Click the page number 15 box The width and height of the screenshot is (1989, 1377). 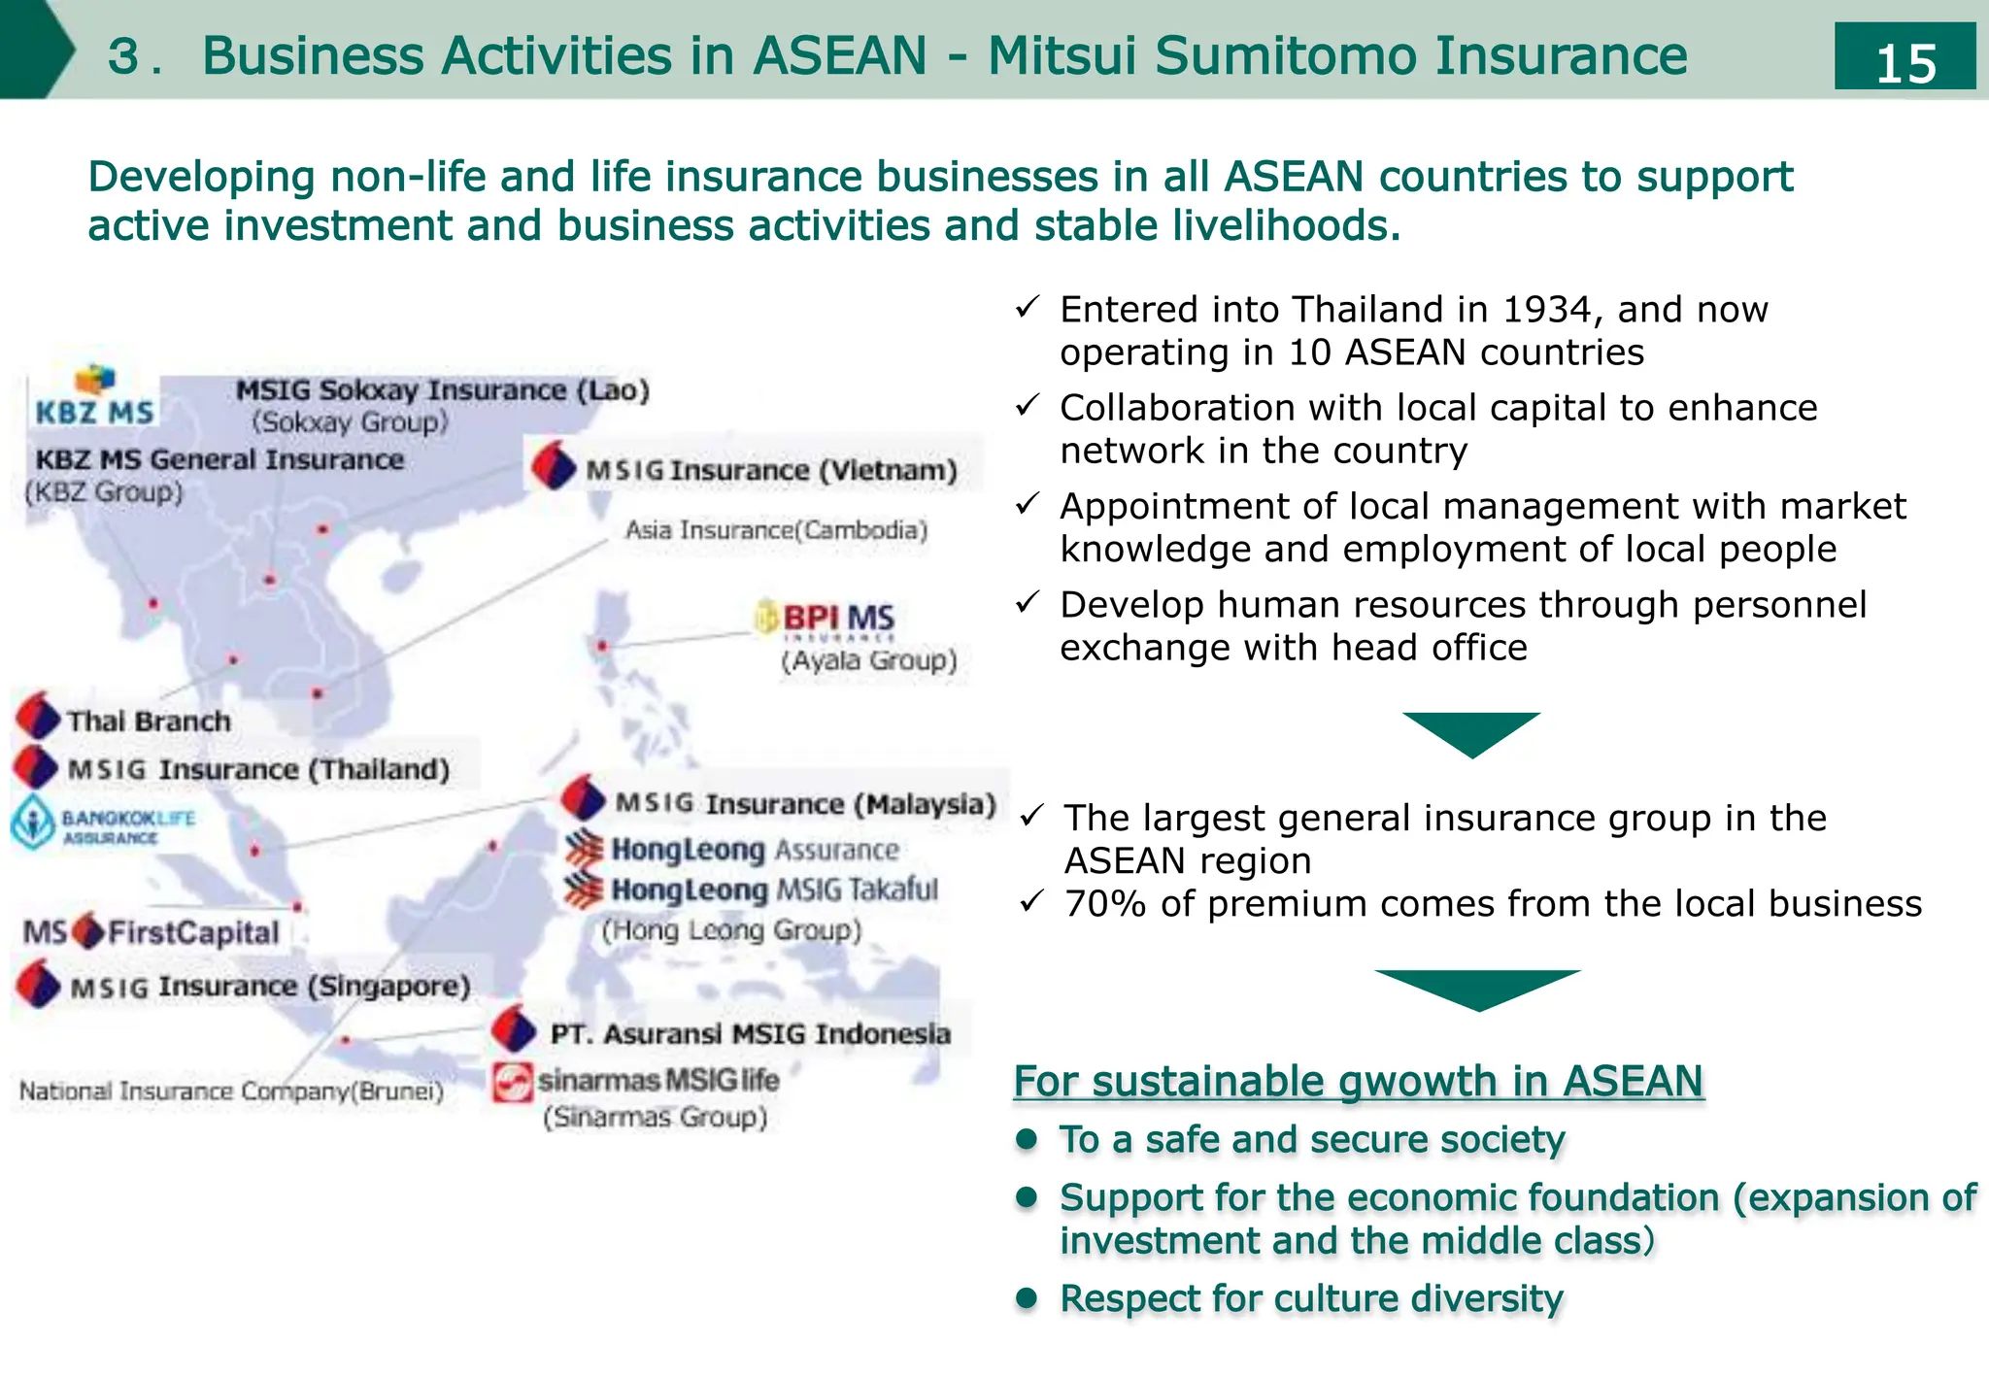(x=1905, y=57)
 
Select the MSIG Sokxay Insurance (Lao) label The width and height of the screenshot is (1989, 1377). (x=442, y=390)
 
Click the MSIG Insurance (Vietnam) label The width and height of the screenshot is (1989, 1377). (x=771, y=470)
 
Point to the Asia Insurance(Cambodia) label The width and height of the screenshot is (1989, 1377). (x=776, y=530)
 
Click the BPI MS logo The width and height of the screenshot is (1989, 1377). (x=826, y=619)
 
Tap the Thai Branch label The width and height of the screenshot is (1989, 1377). (x=149, y=722)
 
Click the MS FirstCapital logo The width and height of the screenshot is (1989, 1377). (x=152, y=932)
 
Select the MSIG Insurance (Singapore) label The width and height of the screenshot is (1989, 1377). (x=270, y=987)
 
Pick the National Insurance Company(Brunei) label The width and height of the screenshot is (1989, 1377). (x=231, y=1092)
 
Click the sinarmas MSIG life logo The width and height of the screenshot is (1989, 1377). (x=636, y=1081)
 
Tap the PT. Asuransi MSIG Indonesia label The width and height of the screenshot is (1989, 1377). (x=750, y=1034)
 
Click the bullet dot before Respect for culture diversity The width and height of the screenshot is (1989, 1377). (x=1027, y=1297)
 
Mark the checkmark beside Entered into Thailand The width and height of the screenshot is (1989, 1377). (x=1028, y=309)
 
